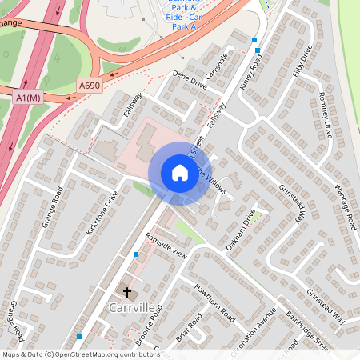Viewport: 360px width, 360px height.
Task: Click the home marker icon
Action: [179, 173]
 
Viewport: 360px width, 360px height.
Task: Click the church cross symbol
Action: [126, 292]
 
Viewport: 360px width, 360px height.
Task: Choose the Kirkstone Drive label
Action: [102, 213]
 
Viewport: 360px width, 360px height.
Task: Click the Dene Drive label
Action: [190, 82]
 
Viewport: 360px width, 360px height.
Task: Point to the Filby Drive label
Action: [301, 64]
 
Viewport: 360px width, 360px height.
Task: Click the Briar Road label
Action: [190, 329]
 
